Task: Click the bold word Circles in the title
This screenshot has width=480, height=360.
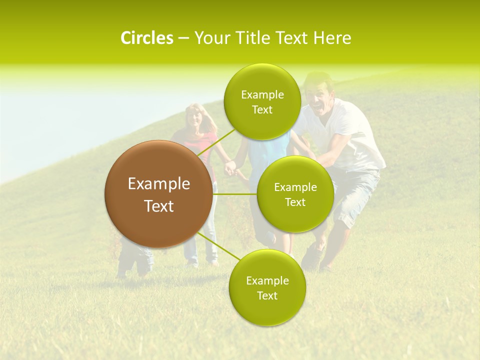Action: click(146, 38)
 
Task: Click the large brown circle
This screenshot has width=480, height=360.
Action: click(158, 194)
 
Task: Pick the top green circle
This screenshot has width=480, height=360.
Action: click(262, 102)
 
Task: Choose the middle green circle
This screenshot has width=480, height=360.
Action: click(295, 194)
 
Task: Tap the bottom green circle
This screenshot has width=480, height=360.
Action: click(267, 287)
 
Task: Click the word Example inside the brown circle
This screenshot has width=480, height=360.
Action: click(158, 184)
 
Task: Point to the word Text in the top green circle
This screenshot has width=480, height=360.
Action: click(262, 110)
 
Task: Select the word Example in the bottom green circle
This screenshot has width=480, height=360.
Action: click(267, 280)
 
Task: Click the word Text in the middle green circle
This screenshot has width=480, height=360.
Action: click(295, 202)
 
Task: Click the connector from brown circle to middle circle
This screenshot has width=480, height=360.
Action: click(235, 194)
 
